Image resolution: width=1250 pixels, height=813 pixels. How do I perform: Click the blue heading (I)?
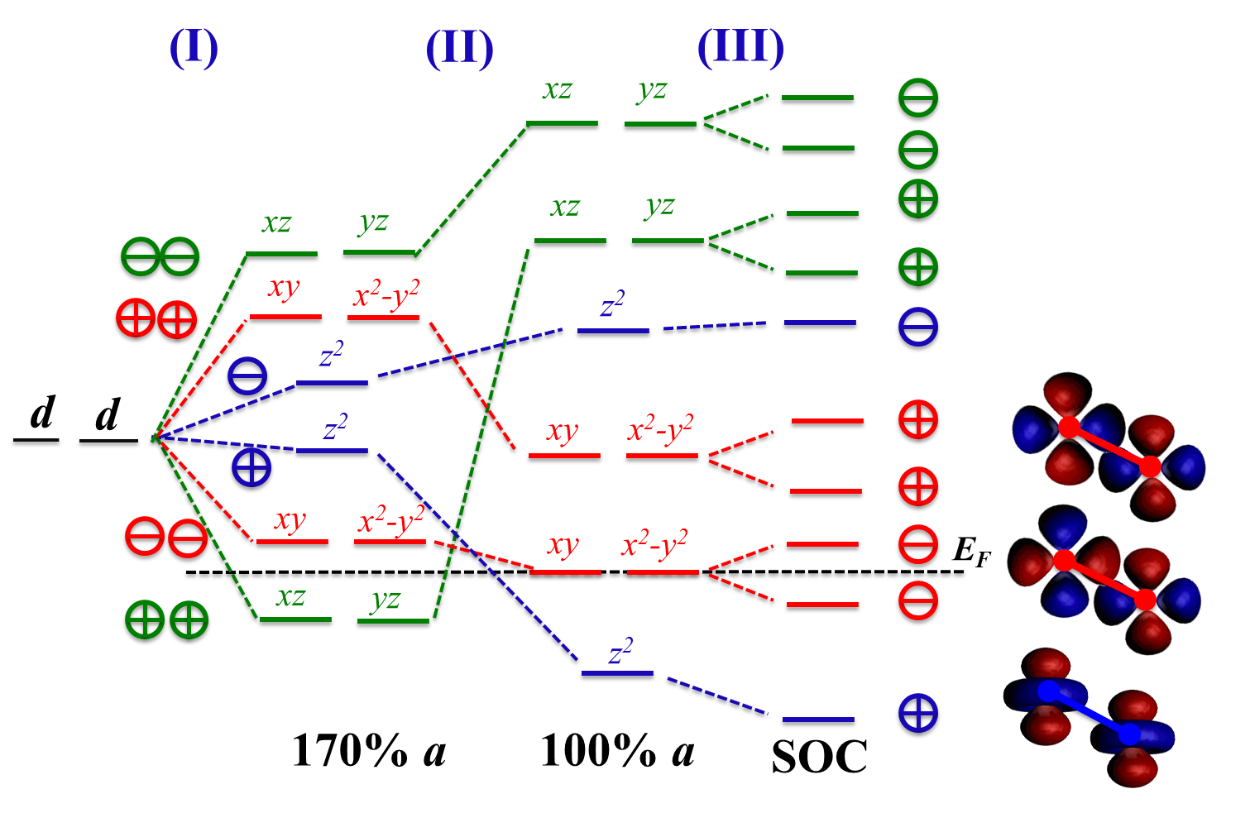pos(194,47)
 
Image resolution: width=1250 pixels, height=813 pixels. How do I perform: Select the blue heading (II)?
pos(459,49)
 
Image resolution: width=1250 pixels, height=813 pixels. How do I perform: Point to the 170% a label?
pos(369,751)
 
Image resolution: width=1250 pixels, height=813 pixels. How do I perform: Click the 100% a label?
pos(617,751)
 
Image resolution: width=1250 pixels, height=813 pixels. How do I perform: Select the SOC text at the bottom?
pos(819,756)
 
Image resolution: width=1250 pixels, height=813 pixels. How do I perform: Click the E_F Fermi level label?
pos(970,550)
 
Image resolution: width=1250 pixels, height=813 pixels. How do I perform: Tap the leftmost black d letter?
pos(41,414)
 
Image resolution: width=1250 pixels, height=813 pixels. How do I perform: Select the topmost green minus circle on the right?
pos(918,99)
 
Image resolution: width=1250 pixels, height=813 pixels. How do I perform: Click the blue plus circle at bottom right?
pos(918,712)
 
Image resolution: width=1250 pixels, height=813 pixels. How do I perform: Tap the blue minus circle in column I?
pos(247,378)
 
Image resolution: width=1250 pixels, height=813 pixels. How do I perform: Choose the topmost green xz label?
pos(557,89)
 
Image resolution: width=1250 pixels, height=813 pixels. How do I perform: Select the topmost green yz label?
pos(652,89)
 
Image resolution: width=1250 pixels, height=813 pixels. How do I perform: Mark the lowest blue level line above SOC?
pos(818,721)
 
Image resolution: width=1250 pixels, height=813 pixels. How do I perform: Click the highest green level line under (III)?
pos(817,100)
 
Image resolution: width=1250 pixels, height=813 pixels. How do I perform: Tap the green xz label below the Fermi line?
pos(290,595)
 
